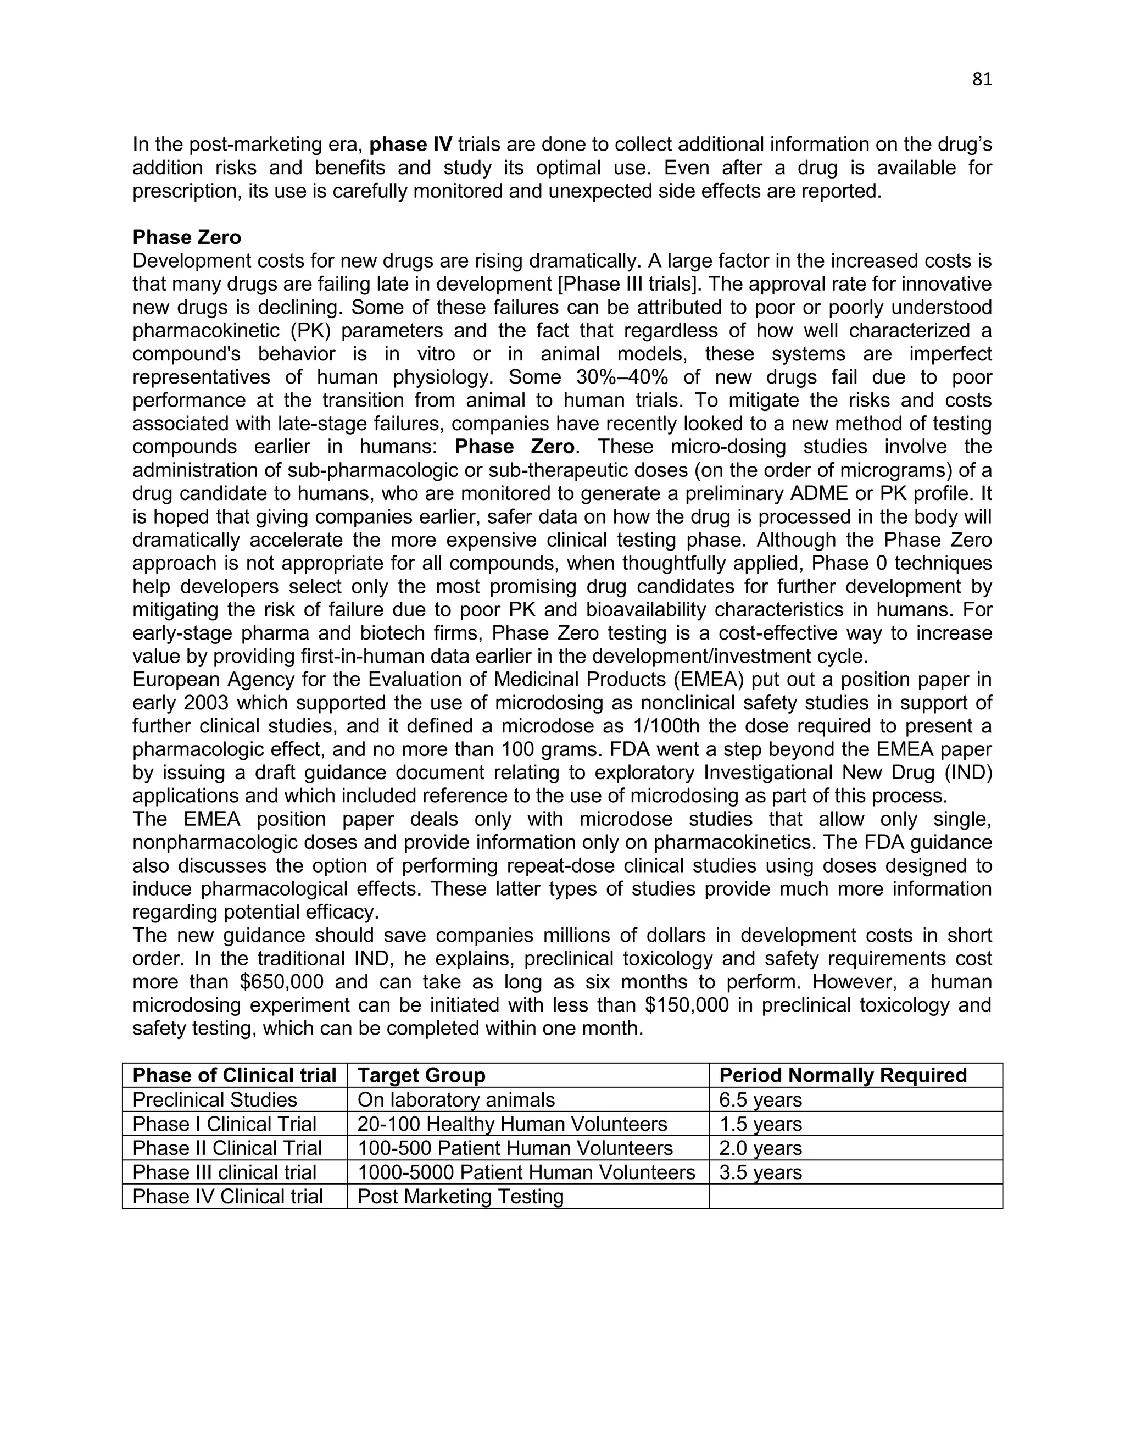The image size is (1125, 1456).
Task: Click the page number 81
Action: tap(982, 79)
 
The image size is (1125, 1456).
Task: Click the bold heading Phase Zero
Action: tap(187, 237)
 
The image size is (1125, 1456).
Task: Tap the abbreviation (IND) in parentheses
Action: tap(966, 773)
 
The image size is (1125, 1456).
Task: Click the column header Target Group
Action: tap(421, 1075)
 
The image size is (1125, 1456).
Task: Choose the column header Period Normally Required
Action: tap(843, 1075)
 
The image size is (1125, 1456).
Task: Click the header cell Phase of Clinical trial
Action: tap(234, 1075)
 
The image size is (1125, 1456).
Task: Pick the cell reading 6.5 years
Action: tap(760, 1100)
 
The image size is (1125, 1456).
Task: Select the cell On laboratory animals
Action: tap(456, 1100)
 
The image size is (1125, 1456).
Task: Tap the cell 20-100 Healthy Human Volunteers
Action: tap(512, 1124)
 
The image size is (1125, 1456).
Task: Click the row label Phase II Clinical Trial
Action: tap(227, 1148)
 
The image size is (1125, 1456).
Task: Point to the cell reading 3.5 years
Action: tap(760, 1172)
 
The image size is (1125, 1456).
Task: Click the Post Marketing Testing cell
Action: tap(460, 1197)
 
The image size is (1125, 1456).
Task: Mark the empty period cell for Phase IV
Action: tap(855, 1197)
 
